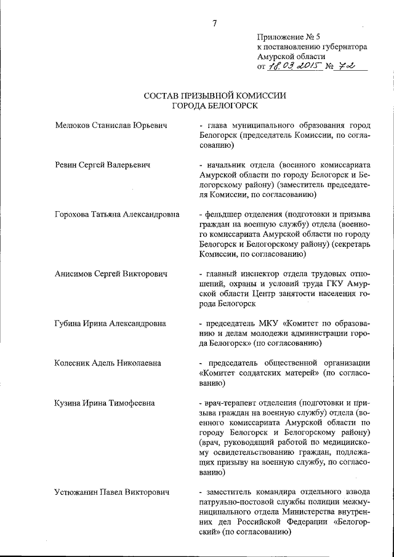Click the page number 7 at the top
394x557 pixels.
coord(215,24)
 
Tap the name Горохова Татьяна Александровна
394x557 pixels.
coord(117,214)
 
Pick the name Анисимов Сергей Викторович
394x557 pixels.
coord(110,274)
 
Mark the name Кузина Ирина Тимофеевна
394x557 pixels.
coord(105,403)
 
